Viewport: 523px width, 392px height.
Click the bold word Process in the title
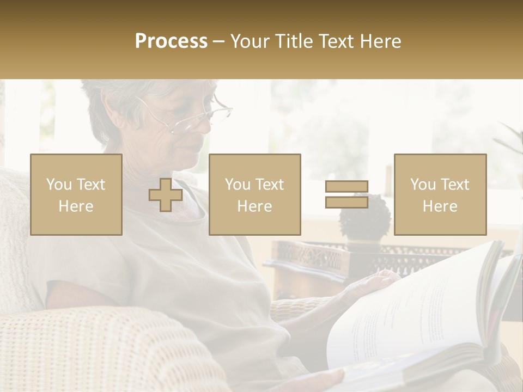[x=171, y=41]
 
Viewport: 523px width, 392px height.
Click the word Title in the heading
[x=293, y=41]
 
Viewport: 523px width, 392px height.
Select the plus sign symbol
[x=166, y=195]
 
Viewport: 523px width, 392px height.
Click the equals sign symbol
[x=346, y=194]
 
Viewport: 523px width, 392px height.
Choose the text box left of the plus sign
[x=76, y=195]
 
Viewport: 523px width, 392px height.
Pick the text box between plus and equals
[x=255, y=195]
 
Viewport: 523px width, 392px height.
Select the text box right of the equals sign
[x=440, y=195]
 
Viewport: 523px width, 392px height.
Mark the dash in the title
[x=219, y=41]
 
